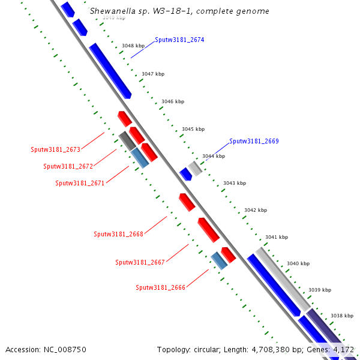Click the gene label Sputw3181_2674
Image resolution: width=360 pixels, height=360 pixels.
click(179, 40)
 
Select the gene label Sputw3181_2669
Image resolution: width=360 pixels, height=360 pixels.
click(254, 142)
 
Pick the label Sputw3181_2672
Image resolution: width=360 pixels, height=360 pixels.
click(68, 166)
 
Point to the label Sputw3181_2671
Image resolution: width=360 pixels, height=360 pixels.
click(80, 183)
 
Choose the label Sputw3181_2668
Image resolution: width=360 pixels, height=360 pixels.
click(118, 234)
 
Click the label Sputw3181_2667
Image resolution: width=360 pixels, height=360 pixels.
click(140, 262)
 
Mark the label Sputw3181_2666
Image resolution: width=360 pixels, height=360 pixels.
click(160, 287)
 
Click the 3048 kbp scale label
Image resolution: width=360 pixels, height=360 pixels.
click(133, 46)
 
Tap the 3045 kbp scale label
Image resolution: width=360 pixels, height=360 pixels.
click(193, 129)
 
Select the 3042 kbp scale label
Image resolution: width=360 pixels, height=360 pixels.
click(255, 210)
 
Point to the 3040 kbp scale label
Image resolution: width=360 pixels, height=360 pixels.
click(298, 263)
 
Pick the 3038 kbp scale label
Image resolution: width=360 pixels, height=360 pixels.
click(341, 316)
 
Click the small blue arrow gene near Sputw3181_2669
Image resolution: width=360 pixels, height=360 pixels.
click(185, 174)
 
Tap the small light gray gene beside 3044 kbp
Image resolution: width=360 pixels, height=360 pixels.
click(195, 167)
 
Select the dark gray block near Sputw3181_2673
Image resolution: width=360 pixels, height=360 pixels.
click(126, 140)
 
